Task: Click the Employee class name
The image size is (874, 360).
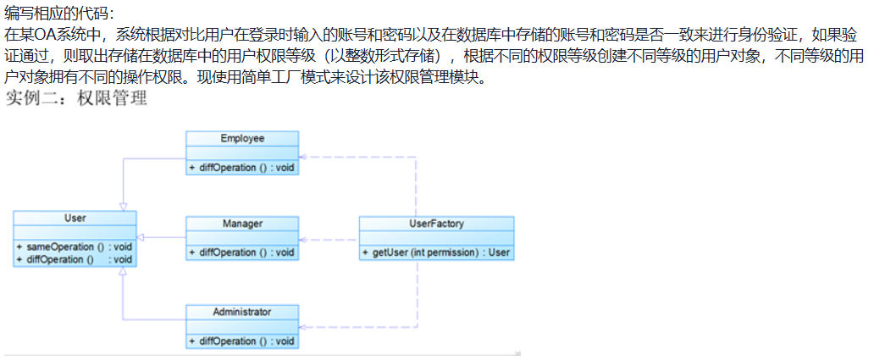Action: (242, 139)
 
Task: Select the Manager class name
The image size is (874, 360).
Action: (242, 224)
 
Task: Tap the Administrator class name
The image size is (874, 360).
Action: (242, 313)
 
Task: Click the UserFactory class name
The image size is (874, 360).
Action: (436, 224)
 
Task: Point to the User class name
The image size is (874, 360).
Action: (75, 219)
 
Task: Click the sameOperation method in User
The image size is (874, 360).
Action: (74, 246)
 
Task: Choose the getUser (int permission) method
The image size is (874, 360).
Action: (436, 252)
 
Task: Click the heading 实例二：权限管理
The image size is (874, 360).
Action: (76, 99)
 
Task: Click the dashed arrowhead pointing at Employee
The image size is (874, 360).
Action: (305, 158)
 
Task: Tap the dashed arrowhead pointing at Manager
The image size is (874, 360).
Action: (305, 240)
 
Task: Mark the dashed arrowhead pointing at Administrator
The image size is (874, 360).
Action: (305, 327)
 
